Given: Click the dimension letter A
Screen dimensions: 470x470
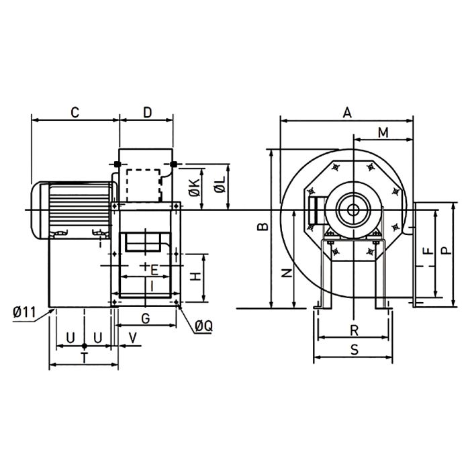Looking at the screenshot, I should point(347,113).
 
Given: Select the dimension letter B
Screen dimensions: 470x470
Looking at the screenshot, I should point(263,227).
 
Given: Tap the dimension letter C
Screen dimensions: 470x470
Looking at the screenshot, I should point(75,113).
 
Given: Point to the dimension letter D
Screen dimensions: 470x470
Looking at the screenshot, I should point(147,112).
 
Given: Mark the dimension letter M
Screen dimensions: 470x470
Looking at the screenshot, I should point(382,132).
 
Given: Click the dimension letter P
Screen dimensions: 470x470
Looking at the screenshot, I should point(446,250).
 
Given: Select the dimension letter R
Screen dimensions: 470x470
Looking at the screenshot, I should point(354,330).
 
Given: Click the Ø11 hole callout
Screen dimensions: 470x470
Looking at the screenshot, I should point(23,312).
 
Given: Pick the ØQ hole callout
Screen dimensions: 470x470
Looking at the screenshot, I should point(204,326).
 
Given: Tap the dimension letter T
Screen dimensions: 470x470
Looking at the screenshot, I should point(84,357).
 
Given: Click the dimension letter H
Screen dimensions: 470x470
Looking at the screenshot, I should point(195,277).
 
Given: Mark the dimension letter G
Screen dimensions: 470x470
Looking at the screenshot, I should point(145,317).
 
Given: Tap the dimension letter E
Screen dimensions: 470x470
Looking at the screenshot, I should point(154,271).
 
